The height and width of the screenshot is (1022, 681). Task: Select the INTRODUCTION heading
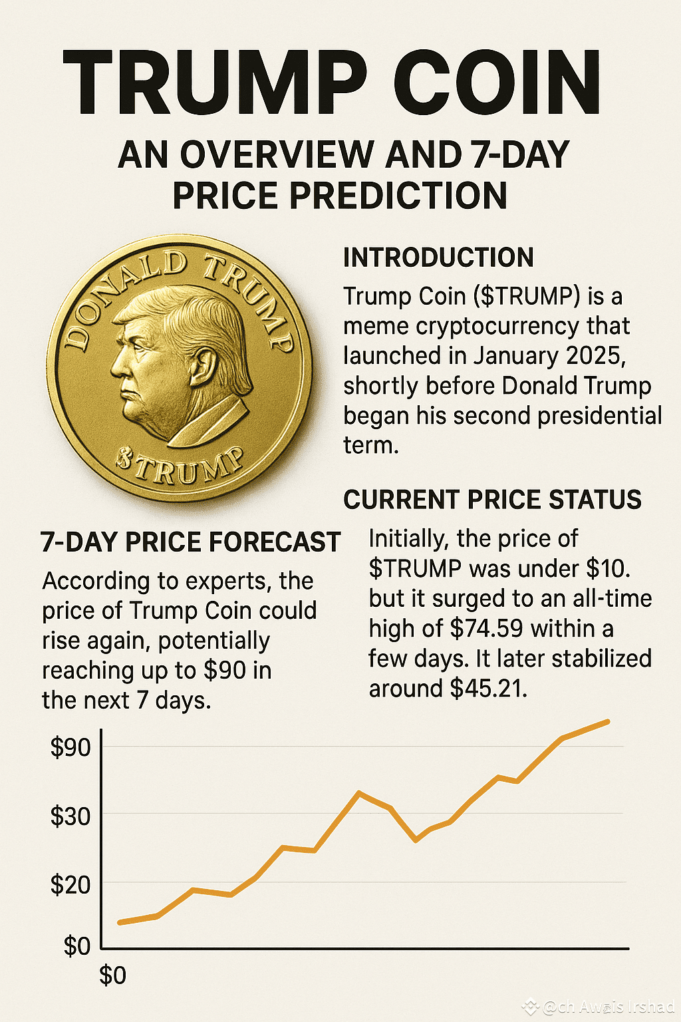438,257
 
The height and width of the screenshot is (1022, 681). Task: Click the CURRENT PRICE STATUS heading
492,500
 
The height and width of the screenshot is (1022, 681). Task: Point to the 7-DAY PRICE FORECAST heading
190,542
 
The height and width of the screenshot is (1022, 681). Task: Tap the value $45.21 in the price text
488,688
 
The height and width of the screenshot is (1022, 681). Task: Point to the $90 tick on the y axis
70,748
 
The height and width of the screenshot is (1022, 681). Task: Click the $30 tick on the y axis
70,816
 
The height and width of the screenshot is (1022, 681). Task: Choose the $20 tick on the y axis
70,885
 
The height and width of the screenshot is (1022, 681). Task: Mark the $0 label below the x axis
112,975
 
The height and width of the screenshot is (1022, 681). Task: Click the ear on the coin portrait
201,366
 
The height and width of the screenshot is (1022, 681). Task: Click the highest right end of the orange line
607,721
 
